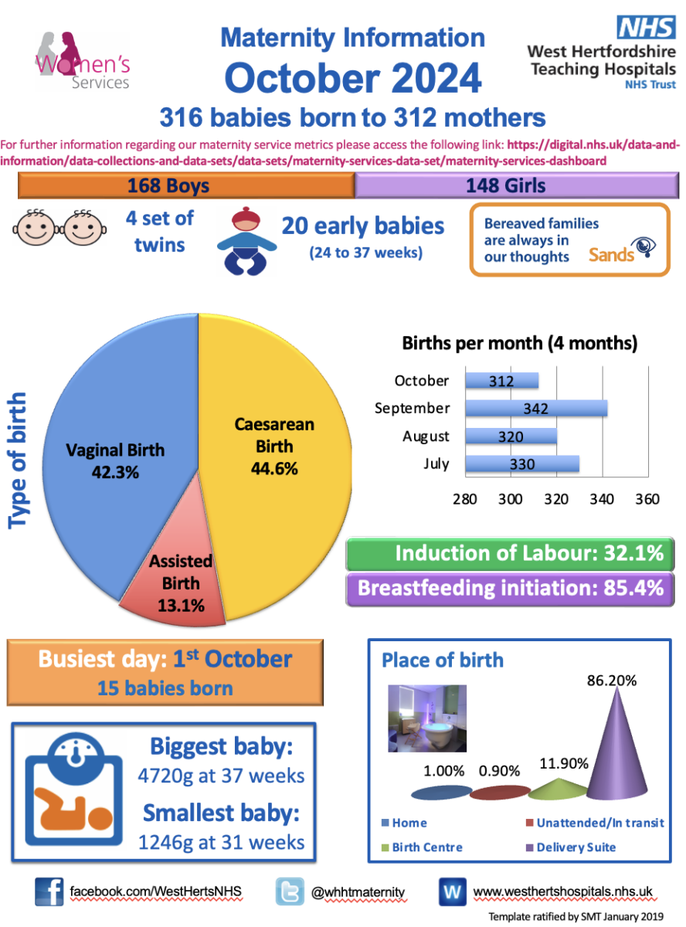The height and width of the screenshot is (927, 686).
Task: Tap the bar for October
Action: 501,381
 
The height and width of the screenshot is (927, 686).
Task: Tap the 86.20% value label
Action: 610,681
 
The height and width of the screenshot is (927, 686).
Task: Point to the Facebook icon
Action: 49,891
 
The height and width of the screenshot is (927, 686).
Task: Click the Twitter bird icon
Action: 290,891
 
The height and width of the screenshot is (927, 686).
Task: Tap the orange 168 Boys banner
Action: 186,186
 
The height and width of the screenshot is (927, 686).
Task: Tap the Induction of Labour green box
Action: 511,554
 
